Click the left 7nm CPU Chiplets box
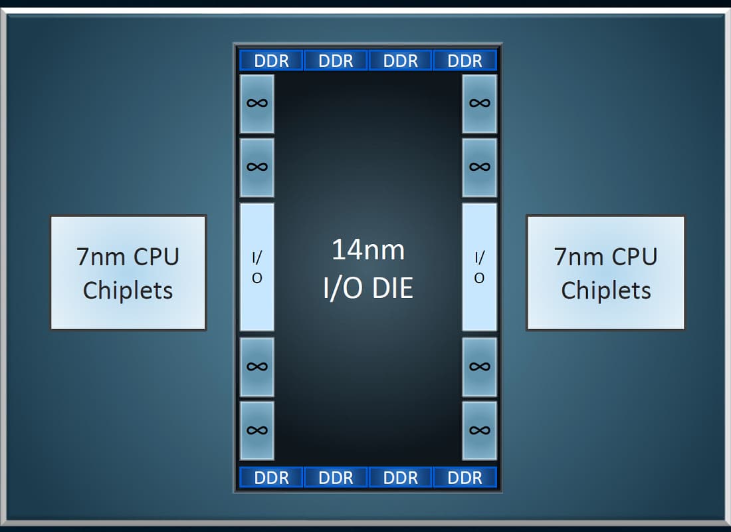pos(128,273)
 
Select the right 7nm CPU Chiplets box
pos(605,273)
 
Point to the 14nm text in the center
pos(368,249)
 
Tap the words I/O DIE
pos(368,288)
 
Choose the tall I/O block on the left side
pos(257,267)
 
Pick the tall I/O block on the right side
pos(479,267)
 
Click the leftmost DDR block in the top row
pos(271,61)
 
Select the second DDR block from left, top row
pos(336,61)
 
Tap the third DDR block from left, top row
pos(400,61)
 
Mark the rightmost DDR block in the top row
pos(465,61)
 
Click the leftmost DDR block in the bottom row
pos(271,477)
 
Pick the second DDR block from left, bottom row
pos(336,477)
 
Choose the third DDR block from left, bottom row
pos(400,477)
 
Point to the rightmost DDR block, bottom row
pos(465,477)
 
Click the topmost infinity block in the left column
pos(257,104)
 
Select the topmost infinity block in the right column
pos(479,104)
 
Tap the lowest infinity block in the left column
pos(257,431)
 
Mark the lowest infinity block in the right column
pos(479,431)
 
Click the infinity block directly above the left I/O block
pos(257,168)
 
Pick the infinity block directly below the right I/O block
pos(479,367)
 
